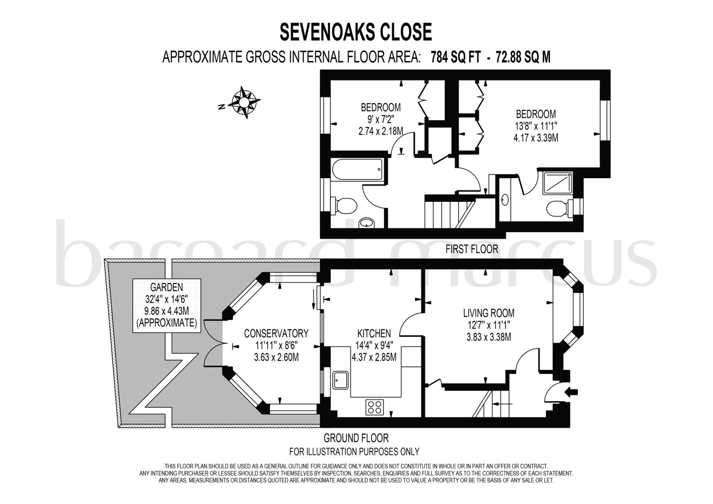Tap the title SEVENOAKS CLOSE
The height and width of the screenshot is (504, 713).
pyautogui.click(x=356, y=32)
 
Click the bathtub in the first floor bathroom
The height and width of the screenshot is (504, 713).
pyautogui.click(x=357, y=169)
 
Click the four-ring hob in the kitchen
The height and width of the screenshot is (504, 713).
pyautogui.click(x=375, y=407)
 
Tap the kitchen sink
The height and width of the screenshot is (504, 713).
pyautogui.click(x=340, y=380)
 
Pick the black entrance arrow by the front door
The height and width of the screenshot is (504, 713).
pyautogui.click(x=572, y=392)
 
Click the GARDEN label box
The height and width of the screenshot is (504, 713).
pyautogui.click(x=167, y=305)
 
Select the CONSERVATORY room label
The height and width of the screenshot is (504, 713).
pyautogui.click(x=276, y=334)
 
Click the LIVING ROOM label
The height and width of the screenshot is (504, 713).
pyautogui.click(x=488, y=313)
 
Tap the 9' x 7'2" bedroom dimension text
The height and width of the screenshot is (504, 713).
pyautogui.click(x=381, y=120)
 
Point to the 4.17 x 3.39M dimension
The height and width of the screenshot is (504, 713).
pyautogui.click(x=536, y=138)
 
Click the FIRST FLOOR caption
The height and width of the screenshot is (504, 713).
pyautogui.click(x=472, y=249)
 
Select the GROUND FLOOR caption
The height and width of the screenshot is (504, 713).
pyautogui.click(x=356, y=438)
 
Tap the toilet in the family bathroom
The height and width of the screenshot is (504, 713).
pyautogui.click(x=345, y=205)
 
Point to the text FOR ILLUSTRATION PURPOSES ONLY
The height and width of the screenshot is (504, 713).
pyautogui.click(x=354, y=452)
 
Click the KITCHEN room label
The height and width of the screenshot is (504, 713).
pyautogui.click(x=374, y=334)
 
